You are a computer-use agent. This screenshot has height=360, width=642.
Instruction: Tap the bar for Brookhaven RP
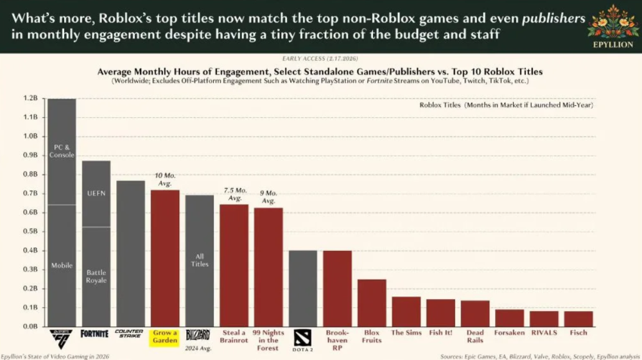pyautogui.click(x=338, y=288)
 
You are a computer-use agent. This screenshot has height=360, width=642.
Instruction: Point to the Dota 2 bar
pyautogui.click(x=303, y=288)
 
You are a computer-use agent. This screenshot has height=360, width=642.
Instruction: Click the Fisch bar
pyautogui.click(x=578, y=318)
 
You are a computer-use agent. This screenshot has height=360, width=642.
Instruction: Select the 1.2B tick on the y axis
pyautogui.click(x=31, y=99)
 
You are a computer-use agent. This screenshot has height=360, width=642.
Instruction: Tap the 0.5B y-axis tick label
pyautogui.click(x=31, y=232)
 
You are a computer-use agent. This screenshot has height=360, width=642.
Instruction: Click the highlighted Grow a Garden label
pyautogui.click(x=165, y=336)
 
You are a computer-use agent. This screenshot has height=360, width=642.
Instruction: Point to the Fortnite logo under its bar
pyautogui.click(x=95, y=334)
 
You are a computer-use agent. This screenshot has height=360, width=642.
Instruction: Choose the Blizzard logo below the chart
pyautogui.click(x=199, y=334)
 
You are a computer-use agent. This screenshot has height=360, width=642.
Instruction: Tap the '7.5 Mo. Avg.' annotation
pyautogui.click(x=234, y=194)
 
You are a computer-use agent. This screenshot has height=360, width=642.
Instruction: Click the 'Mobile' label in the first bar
pyautogui.click(x=61, y=265)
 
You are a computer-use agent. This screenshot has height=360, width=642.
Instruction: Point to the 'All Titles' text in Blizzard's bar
pyautogui.click(x=199, y=260)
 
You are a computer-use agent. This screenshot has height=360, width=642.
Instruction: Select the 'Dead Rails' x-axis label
pyautogui.click(x=474, y=336)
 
